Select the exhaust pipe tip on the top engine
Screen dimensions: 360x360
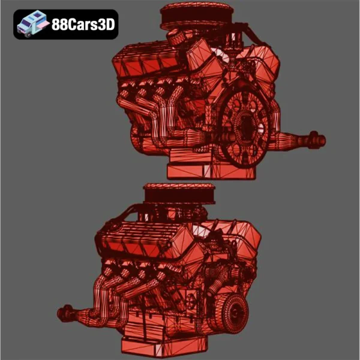316,141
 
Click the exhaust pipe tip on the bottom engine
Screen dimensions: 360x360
64,312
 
